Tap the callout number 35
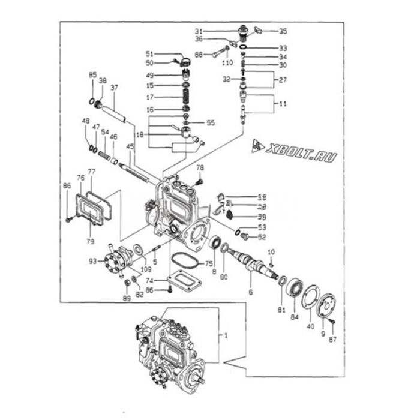click(283, 31)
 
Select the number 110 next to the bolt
click(227, 62)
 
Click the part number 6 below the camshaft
click(251, 292)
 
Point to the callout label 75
click(209, 262)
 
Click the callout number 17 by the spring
click(150, 97)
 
